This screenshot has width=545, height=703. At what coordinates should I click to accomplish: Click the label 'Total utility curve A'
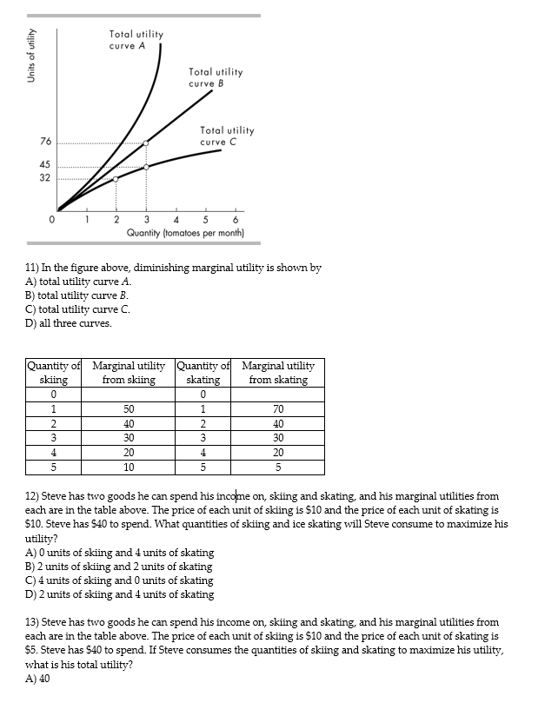point(136,39)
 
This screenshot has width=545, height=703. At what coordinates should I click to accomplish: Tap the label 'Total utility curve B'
point(216,77)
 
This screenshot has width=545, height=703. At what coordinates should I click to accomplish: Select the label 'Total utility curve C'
point(227,136)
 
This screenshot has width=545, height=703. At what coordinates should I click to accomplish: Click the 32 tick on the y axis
point(44,178)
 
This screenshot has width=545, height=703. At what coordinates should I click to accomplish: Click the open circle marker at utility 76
point(146,143)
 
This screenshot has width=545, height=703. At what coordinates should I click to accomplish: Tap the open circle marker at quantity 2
point(116,179)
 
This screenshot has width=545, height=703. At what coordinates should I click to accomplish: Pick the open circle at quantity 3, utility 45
point(146,166)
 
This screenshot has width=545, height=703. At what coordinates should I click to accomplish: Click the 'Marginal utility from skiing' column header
point(129,373)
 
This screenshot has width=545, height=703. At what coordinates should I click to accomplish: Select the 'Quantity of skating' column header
point(203,373)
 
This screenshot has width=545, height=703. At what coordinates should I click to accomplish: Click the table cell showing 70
point(278,409)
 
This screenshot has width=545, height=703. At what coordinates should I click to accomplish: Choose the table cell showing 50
point(129,409)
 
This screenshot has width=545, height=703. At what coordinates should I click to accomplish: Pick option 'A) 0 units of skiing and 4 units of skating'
point(119,553)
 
